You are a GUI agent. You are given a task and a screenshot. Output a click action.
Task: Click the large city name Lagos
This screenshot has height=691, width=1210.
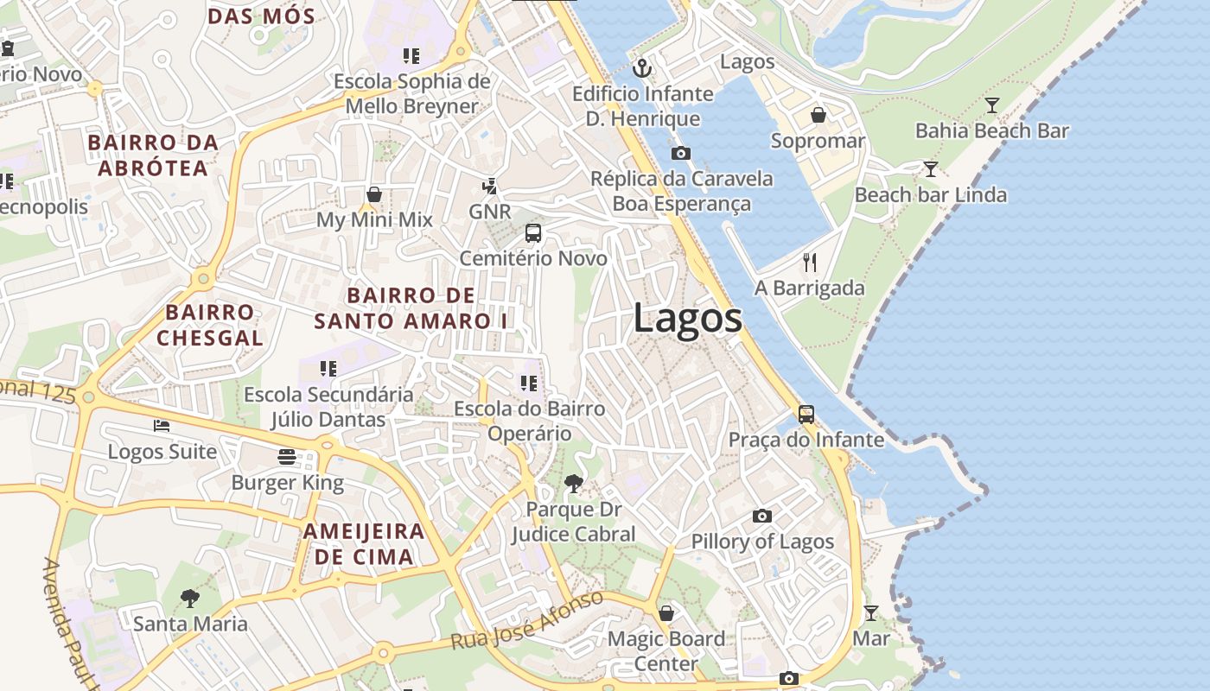[687, 319]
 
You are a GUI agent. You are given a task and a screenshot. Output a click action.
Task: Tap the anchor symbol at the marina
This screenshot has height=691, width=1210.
[641, 67]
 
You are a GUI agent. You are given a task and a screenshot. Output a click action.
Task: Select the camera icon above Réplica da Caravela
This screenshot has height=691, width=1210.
[681, 153]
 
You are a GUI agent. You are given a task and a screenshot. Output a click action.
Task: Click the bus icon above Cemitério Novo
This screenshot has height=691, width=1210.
[533, 233]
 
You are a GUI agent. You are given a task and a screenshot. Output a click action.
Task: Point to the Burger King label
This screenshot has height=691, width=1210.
[287, 483]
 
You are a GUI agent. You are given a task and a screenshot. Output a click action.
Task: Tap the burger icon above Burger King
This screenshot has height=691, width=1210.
[287, 457]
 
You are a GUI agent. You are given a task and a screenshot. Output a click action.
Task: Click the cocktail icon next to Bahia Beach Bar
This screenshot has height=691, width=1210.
[992, 105]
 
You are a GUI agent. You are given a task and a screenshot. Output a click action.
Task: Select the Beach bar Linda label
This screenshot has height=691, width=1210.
[930, 195]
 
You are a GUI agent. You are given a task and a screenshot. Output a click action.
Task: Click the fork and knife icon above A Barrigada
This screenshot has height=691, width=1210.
[810, 262]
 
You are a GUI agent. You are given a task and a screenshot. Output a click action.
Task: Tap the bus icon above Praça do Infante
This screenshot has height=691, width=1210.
[806, 415]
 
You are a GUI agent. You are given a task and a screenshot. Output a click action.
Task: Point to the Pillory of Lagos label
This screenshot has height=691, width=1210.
[762, 542]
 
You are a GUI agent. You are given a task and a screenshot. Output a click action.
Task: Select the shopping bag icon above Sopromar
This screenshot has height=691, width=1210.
[818, 115]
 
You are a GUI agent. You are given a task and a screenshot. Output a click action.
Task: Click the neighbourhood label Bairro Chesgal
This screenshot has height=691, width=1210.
[209, 325]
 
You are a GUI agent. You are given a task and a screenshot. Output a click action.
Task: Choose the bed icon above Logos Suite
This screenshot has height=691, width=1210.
[162, 425]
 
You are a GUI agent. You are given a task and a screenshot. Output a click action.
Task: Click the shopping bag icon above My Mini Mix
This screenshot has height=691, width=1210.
[374, 194]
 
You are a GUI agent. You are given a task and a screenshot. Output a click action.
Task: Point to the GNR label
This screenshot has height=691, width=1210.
[490, 212]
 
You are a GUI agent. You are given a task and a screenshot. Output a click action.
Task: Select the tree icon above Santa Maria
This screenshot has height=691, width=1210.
[189, 598]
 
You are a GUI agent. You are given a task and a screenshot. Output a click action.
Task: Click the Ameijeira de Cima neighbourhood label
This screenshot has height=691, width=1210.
[364, 543]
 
